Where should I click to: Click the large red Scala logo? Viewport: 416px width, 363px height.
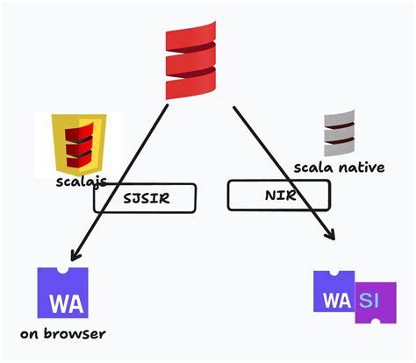pos(190,58)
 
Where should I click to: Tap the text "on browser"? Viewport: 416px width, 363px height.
pos(63,334)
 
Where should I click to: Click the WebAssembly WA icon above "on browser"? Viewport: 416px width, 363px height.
pos(63,293)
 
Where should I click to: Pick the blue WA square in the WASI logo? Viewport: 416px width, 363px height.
pos(334,292)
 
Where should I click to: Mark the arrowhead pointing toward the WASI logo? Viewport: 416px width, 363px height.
pos(331,235)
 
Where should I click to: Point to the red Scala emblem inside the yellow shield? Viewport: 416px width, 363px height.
pos(78,146)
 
